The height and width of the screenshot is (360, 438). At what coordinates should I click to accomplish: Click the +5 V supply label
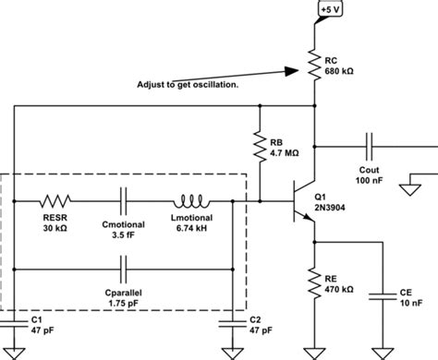pyautogui.click(x=330, y=10)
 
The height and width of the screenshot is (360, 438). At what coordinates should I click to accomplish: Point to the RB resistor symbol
pyautogui.click(x=260, y=145)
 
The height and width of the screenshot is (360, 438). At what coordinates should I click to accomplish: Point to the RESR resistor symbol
pyautogui.click(x=56, y=199)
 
